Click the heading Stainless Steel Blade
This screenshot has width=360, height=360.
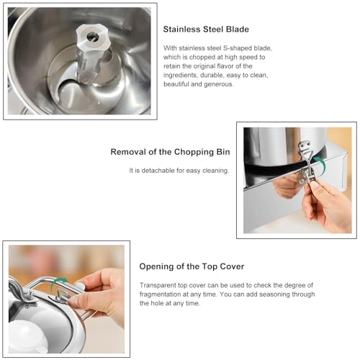pyautogui.click(x=206, y=30)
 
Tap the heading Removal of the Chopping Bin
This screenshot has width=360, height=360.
pyautogui.click(x=170, y=152)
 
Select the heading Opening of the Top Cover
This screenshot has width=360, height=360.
pyautogui.click(x=192, y=266)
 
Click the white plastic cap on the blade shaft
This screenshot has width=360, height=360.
pyautogui.click(x=93, y=37)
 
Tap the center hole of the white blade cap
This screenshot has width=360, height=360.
pyautogui.click(x=93, y=37)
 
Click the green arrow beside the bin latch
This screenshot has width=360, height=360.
pyautogui.click(x=321, y=163)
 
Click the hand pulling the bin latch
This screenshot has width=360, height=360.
pyautogui.click(x=326, y=204)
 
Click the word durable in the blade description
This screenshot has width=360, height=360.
pyautogui.click(x=211, y=76)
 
